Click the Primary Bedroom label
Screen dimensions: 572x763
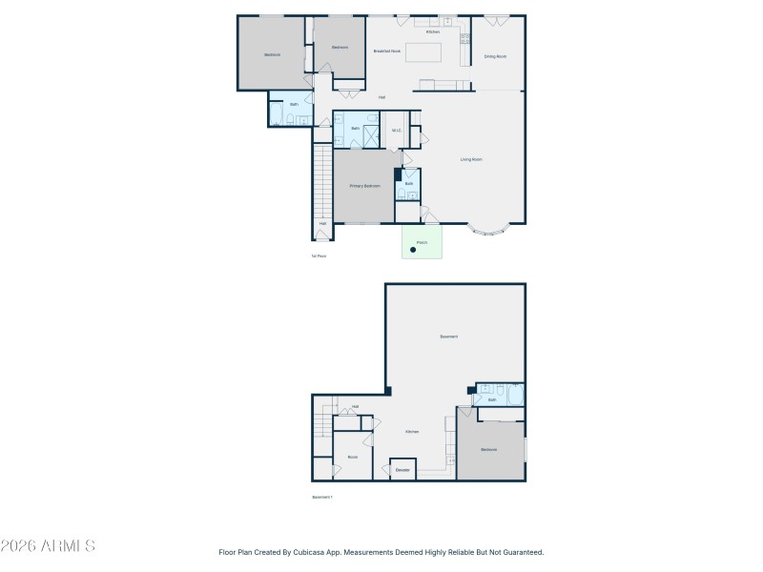point(364,186)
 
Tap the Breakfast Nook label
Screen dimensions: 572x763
point(386,51)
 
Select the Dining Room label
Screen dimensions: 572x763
point(495,56)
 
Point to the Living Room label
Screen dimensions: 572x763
point(471,159)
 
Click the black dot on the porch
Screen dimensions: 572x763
point(413,250)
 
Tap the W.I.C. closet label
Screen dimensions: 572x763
point(397,131)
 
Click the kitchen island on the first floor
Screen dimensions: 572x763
point(423,51)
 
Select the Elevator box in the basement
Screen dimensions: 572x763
point(402,470)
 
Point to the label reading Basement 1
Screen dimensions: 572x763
point(322,497)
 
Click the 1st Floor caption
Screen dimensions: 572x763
point(319,255)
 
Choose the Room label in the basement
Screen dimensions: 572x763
point(352,457)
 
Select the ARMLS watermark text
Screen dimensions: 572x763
point(48,546)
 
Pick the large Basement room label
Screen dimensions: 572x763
point(448,337)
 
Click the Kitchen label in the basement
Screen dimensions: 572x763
point(412,432)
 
